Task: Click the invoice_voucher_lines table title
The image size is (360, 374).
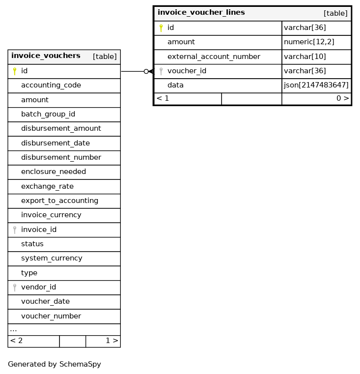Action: tap(201, 13)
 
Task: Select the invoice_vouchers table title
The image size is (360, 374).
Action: tap(46, 56)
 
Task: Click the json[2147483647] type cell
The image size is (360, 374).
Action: tap(316, 85)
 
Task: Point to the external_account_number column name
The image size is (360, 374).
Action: tap(214, 57)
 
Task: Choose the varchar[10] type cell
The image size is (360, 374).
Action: tap(305, 57)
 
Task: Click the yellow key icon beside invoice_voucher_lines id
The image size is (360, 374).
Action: tap(161, 28)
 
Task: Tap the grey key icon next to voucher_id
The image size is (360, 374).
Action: tap(161, 71)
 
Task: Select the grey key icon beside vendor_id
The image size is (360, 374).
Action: tap(15, 287)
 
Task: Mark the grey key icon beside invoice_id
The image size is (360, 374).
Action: tap(15, 230)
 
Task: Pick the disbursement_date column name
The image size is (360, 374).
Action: tap(55, 143)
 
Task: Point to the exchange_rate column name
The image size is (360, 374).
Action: tap(47, 186)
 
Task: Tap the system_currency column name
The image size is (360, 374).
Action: tap(52, 258)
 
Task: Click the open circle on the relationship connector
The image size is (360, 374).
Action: tap(146, 71)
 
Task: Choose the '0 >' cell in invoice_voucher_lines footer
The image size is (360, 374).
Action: tap(343, 98)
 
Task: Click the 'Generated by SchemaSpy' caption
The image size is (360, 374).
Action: tap(55, 364)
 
